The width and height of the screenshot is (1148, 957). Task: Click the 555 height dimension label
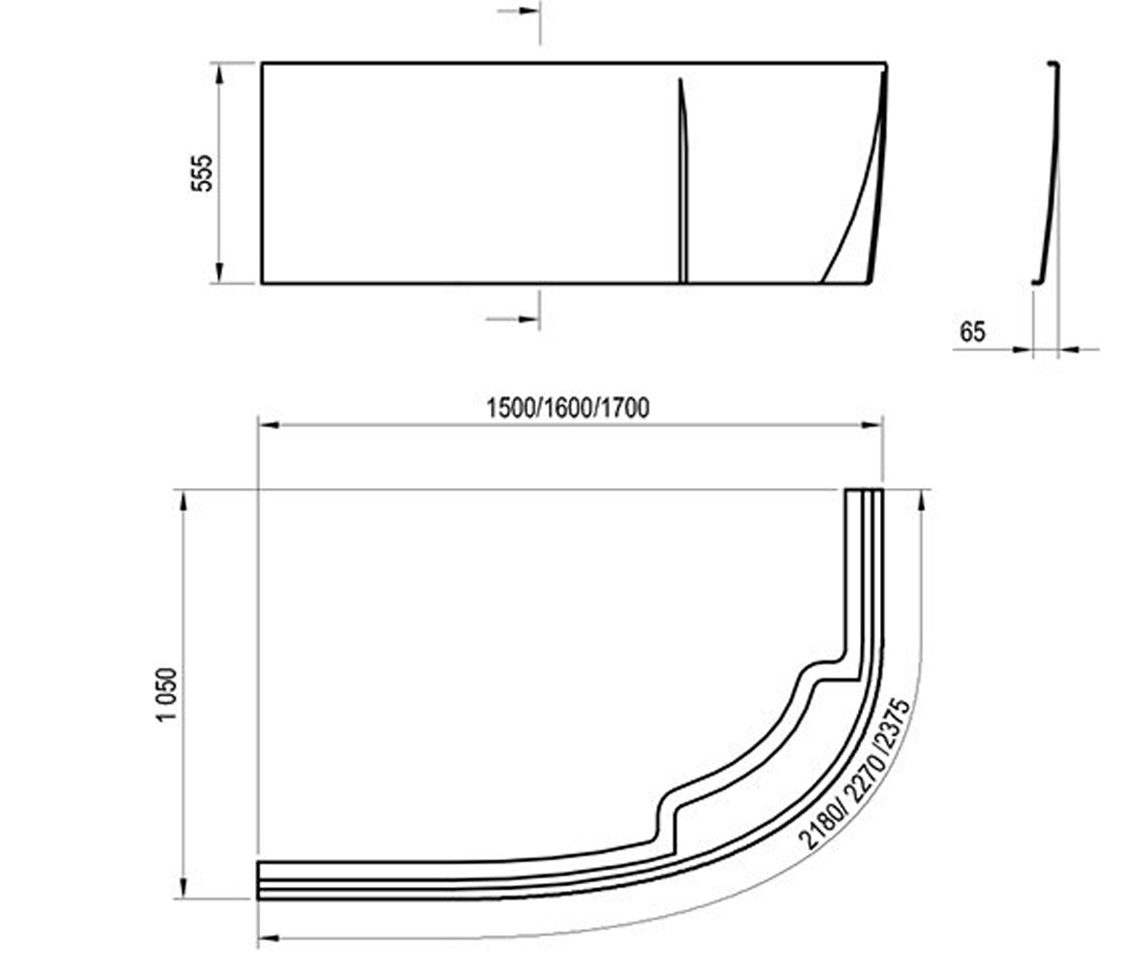click(x=201, y=173)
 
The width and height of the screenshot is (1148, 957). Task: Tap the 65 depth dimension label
click(x=972, y=332)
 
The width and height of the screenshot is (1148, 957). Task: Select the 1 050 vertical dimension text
click(x=167, y=695)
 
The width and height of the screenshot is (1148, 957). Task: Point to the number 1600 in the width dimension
click(x=567, y=409)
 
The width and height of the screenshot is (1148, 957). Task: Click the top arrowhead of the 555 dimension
click(x=219, y=75)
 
